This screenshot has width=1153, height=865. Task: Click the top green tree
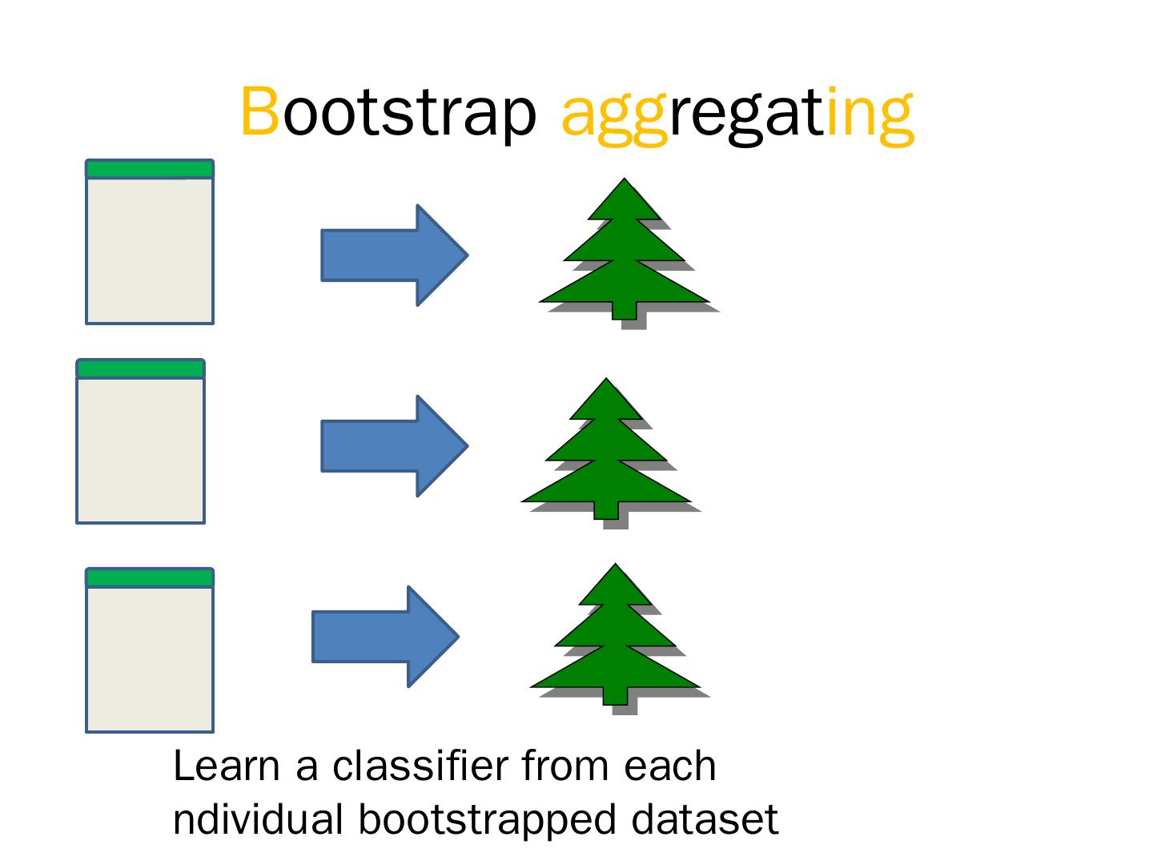pyautogui.click(x=624, y=256)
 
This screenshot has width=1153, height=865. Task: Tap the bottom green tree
pyautogui.click(x=615, y=641)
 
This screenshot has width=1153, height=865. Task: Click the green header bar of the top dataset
pyautogui.click(x=150, y=169)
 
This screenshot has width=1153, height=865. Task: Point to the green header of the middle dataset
pyautogui.click(x=140, y=368)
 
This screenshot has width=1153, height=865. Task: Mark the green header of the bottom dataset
pyautogui.click(x=150, y=577)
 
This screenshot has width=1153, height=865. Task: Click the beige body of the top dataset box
pyautogui.click(x=150, y=250)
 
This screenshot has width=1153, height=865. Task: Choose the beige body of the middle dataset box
pyautogui.click(x=140, y=449)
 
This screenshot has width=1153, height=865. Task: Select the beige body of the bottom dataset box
pyautogui.click(x=150, y=658)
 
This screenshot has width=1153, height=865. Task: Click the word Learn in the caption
pyautogui.click(x=227, y=766)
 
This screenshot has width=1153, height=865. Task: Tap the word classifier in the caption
pyautogui.click(x=420, y=766)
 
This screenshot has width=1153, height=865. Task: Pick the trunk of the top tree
pyautogui.click(x=624, y=311)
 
